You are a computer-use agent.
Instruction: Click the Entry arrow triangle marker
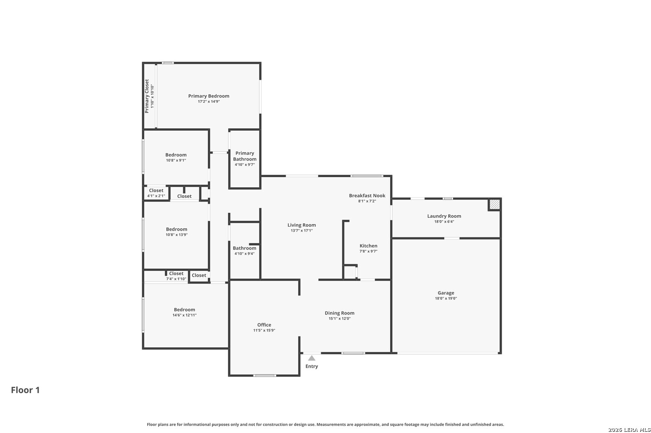pos(312,358)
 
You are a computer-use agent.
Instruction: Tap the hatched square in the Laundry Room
pos(494,204)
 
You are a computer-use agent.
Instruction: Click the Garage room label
pos(446,293)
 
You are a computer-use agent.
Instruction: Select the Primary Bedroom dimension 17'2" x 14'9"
pos(209,102)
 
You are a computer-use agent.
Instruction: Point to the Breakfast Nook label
pos(367,196)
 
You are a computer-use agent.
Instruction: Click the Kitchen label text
pos(369,246)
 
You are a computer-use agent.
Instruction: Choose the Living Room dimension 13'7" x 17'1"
pos(301,230)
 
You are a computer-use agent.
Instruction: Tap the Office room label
pos(264,325)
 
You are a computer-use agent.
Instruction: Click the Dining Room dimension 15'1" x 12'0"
pos(339,318)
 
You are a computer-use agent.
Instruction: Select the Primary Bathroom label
pos(245,156)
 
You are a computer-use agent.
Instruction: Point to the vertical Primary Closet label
pos(147,96)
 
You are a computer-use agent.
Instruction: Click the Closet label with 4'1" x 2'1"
pos(156,191)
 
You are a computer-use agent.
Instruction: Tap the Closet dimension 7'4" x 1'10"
pos(176,279)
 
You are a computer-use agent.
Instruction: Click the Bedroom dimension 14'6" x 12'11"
pos(185,315)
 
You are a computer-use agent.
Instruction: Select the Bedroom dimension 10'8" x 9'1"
pos(176,160)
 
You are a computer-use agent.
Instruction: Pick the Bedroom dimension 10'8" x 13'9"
pos(177,235)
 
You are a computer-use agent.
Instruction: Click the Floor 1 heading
pos(25,390)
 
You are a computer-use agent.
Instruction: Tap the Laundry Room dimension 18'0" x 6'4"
pos(444,221)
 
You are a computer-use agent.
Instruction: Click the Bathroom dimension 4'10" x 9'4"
pos(245,253)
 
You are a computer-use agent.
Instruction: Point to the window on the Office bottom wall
pos(264,376)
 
